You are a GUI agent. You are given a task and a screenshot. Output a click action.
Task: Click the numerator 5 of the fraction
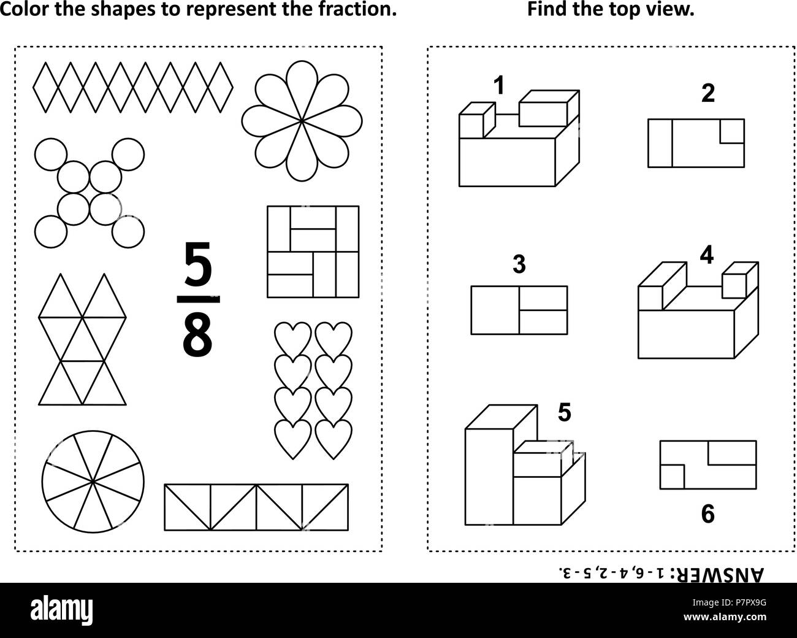198,264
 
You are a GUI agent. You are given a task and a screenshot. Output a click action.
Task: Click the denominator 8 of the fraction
197,336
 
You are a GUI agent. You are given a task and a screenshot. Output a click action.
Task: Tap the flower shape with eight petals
302,121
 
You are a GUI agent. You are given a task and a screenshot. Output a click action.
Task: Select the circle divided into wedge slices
93,482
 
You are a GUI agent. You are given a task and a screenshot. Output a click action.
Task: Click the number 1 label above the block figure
499,85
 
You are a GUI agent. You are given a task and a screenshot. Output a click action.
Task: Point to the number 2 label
707,93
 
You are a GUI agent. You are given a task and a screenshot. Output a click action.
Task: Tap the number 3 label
519,264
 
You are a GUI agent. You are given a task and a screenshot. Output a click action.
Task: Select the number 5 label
564,412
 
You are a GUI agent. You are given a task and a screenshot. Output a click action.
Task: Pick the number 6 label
707,514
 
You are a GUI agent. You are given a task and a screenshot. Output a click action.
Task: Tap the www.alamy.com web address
725,617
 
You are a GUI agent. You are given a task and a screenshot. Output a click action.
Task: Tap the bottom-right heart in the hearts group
334,439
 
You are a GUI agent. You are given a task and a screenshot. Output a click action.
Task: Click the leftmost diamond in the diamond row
45,87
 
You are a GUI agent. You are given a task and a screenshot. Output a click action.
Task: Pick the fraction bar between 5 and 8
198,299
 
